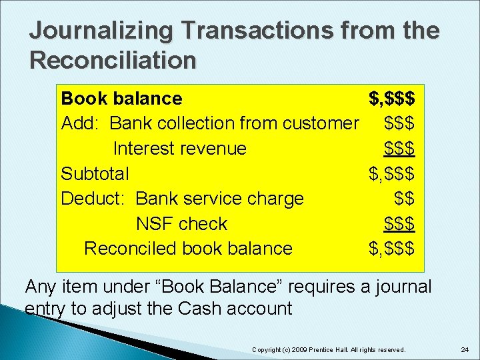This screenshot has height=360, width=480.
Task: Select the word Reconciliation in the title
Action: coord(113,61)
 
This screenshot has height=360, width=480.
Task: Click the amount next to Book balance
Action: coord(392,99)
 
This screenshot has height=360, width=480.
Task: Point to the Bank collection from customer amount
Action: coord(400,123)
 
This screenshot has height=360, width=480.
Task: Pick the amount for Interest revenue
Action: coord(400,148)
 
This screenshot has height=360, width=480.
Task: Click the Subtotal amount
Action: coord(392,173)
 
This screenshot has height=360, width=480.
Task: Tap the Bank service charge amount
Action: coord(405,199)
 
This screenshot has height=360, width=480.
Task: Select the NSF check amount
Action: coord(400,223)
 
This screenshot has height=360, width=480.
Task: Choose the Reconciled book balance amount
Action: coord(392,249)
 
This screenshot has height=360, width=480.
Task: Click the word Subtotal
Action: coord(95,173)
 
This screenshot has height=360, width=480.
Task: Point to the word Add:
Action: coord(80,123)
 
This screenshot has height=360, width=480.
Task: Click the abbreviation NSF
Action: coord(155,223)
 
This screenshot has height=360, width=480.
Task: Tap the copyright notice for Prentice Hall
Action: coord(328,349)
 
